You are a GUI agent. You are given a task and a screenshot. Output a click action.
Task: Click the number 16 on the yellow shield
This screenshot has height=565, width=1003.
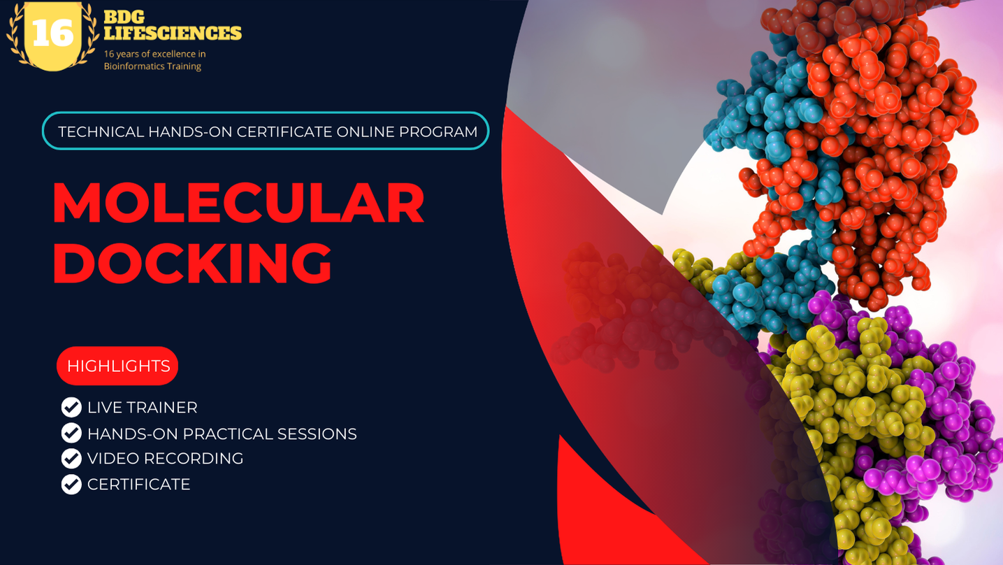pyautogui.click(x=53, y=33)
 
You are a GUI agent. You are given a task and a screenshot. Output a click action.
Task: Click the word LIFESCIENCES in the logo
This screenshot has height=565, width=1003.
pyautogui.click(x=173, y=33)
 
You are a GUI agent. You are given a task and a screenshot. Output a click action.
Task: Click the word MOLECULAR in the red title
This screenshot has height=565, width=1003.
pyautogui.click(x=238, y=203)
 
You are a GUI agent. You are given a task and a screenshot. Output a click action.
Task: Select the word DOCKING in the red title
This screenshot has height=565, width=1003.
pyautogui.click(x=192, y=262)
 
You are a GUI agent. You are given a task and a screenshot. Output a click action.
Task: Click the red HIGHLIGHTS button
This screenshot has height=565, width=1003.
pyautogui.click(x=118, y=366)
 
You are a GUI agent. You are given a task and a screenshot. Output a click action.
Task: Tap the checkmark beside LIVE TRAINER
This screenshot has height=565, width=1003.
pyautogui.click(x=71, y=407)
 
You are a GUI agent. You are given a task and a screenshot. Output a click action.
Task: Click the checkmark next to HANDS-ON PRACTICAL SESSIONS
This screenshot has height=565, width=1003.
pyautogui.click(x=71, y=434)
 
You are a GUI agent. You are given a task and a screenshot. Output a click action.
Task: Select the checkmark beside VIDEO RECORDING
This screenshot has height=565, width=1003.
pyautogui.click(x=71, y=459)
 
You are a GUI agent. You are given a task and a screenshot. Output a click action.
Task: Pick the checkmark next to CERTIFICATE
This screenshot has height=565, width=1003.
pyautogui.click(x=71, y=484)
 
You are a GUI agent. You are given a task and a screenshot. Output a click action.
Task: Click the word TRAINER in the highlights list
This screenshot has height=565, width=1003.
pyautogui.click(x=163, y=408)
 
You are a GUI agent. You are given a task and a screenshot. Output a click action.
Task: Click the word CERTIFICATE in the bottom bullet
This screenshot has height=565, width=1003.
pyautogui.click(x=138, y=485)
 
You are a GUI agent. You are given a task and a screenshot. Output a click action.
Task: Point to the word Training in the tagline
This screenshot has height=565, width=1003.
pyautogui.click(x=182, y=66)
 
